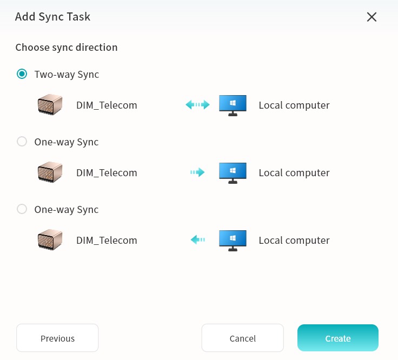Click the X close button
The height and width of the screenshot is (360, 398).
pos(372,17)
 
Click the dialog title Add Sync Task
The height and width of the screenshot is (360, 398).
pos(52,17)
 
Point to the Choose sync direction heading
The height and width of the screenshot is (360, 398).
pos(67,48)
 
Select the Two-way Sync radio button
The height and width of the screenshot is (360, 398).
pos(22,74)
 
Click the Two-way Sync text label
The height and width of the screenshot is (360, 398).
pos(67,75)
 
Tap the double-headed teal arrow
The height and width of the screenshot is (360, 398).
pos(197,105)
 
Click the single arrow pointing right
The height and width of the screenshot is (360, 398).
pos(197,172)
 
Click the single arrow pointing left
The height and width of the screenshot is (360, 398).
pos(198,239)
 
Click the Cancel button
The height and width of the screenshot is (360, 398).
pos(242,338)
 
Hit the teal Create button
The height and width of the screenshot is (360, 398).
pos(338,338)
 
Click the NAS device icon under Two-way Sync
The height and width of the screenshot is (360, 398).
pos(50,105)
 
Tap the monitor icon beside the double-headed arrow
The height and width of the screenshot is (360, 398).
pos(233,105)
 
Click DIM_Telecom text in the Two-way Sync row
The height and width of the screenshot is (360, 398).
pos(107,105)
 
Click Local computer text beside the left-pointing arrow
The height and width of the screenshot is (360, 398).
pos(294,241)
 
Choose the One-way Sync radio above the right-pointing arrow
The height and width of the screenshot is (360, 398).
pos(22,142)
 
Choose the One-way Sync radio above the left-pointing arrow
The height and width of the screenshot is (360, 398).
pos(22,209)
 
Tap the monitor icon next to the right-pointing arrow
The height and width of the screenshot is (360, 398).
pos(233,173)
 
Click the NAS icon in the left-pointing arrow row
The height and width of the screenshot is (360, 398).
pos(50,239)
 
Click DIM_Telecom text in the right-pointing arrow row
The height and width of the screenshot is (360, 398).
pos(107,173)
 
